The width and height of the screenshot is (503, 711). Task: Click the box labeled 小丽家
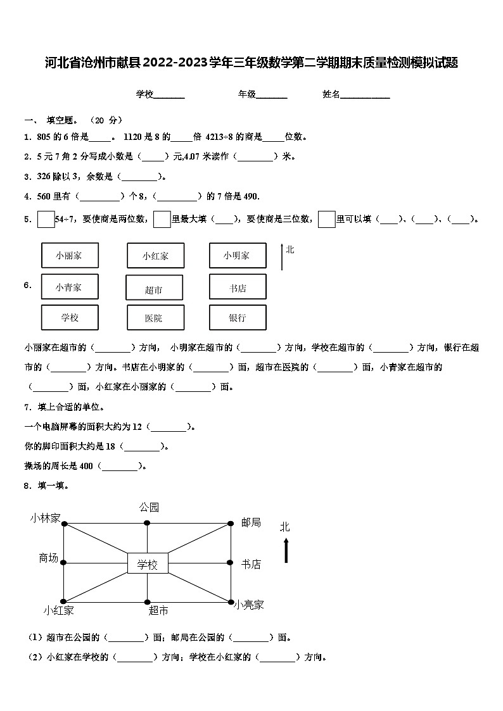pos(70,256)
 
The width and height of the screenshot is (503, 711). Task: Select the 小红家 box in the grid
pos(155,256)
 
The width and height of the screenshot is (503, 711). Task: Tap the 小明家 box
pos(238,256)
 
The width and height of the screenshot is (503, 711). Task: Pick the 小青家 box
pos(70,287)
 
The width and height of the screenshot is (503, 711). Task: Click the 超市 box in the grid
pos(155,288)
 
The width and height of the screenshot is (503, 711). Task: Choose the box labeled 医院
pos(155,318)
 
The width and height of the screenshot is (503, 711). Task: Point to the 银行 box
pos(238,318)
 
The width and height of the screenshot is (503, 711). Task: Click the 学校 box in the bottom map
pos(148,563)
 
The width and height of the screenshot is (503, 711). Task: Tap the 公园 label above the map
pos(149,507)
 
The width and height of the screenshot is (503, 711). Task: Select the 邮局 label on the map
pos(251,523)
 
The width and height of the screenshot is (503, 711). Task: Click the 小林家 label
pos(44,519)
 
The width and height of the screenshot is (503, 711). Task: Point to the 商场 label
pos(48,558)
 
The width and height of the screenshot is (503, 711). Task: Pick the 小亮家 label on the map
pos(248,605)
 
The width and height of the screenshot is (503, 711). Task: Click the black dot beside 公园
pos(147,523)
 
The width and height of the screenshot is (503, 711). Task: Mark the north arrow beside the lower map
pos(286,550)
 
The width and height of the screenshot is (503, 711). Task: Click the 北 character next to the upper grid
pos(290,249)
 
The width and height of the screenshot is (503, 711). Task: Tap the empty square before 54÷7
pos(46,219)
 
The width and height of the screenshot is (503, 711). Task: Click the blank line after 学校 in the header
pos(169,96)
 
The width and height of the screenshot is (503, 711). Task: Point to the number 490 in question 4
pos(251,196)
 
